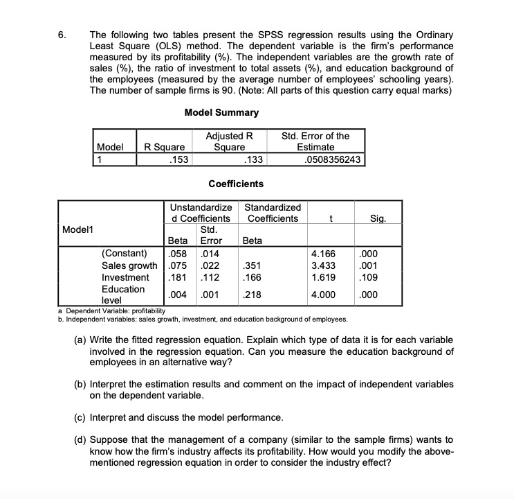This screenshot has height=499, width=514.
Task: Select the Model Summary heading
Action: [221, 112]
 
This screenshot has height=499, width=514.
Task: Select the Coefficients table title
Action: [235, 184]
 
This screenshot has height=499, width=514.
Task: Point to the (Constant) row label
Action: [125, 252]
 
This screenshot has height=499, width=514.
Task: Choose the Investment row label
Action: [125, 277]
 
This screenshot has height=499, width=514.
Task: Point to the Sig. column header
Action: [377, 218]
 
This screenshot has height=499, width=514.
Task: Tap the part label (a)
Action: [82, 340]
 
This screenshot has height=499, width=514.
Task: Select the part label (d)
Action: [82, 439]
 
